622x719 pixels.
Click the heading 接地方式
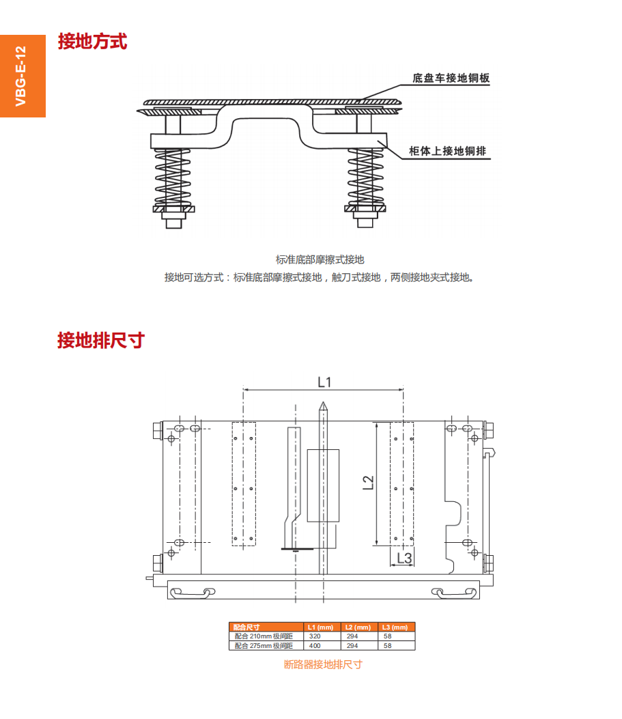coord(92,42)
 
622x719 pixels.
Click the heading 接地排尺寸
coord(100,340)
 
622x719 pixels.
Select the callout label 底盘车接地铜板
coord(451,79)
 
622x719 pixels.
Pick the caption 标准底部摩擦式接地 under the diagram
coord(320,259)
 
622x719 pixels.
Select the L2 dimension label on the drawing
coord(368,483)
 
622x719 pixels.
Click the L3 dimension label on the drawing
coord(404,558)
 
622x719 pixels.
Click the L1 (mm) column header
coord(320,627)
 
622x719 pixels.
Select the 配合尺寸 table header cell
coord(246,627)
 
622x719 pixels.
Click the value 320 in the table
coord(315,636)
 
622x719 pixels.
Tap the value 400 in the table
coord(315,645)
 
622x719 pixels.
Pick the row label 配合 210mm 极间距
coord(264,636)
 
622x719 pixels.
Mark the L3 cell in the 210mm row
coord(388,636)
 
